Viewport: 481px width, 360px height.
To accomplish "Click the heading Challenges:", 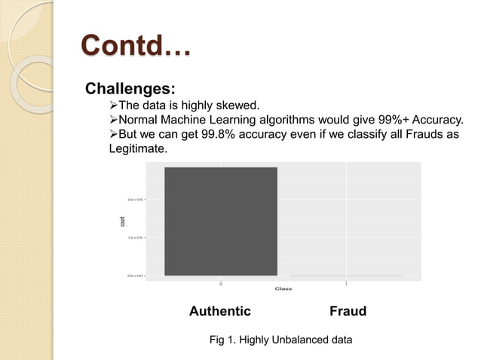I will [x=125, y=90].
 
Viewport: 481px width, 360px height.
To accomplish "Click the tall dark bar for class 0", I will [x=221, y=221].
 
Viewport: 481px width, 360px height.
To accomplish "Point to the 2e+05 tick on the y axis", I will [x=136, y=200].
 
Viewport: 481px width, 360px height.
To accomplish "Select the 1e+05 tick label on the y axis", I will [x=136, y=237].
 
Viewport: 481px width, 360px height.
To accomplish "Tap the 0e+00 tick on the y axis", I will [x=136, y=276].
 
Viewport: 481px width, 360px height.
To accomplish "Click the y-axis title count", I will [x=123, y=221].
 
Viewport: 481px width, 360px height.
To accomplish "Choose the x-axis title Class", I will [x=283, y=288].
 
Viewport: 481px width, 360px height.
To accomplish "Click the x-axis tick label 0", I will [x=221, y=284].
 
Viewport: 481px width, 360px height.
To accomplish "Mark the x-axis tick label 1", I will [x=346, y=284].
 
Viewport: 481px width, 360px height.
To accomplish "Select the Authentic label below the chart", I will [x=219, y=311].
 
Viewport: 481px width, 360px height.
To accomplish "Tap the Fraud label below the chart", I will [x=348, y=311].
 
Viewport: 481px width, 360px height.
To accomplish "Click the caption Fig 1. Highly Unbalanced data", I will [x=280, y=340].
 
